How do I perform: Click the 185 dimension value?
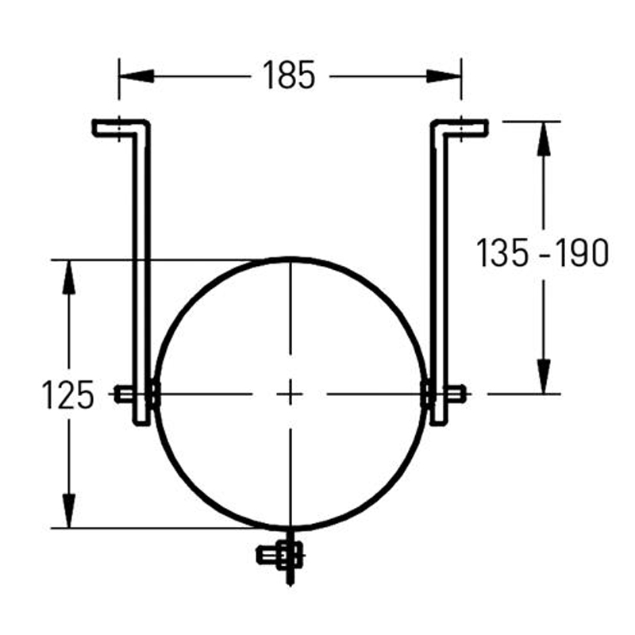[x=289, y=76]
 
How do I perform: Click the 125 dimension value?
[x=67, y=394]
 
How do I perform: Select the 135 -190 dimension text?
[x=543, y=253]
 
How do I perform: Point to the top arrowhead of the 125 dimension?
[x=69, y=273]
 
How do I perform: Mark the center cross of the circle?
[x=291, y=393]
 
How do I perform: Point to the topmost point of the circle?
[x=291, y=259]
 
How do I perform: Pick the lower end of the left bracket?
[x=140, y=419]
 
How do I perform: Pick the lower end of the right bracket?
[x=440, y=419]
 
